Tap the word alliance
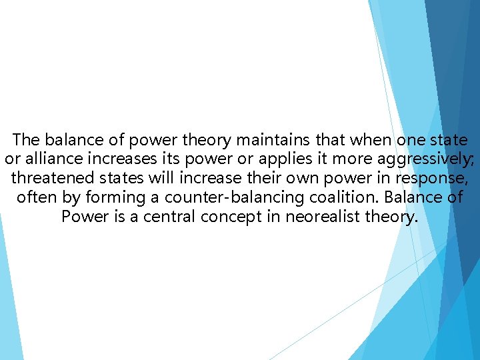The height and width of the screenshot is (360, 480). click(x=47, y=159)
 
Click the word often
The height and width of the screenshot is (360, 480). click(x=37, y=198)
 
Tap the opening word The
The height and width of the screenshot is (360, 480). click(x=27, y=140)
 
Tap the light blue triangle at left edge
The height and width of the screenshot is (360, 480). click(x=9, y=300)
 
